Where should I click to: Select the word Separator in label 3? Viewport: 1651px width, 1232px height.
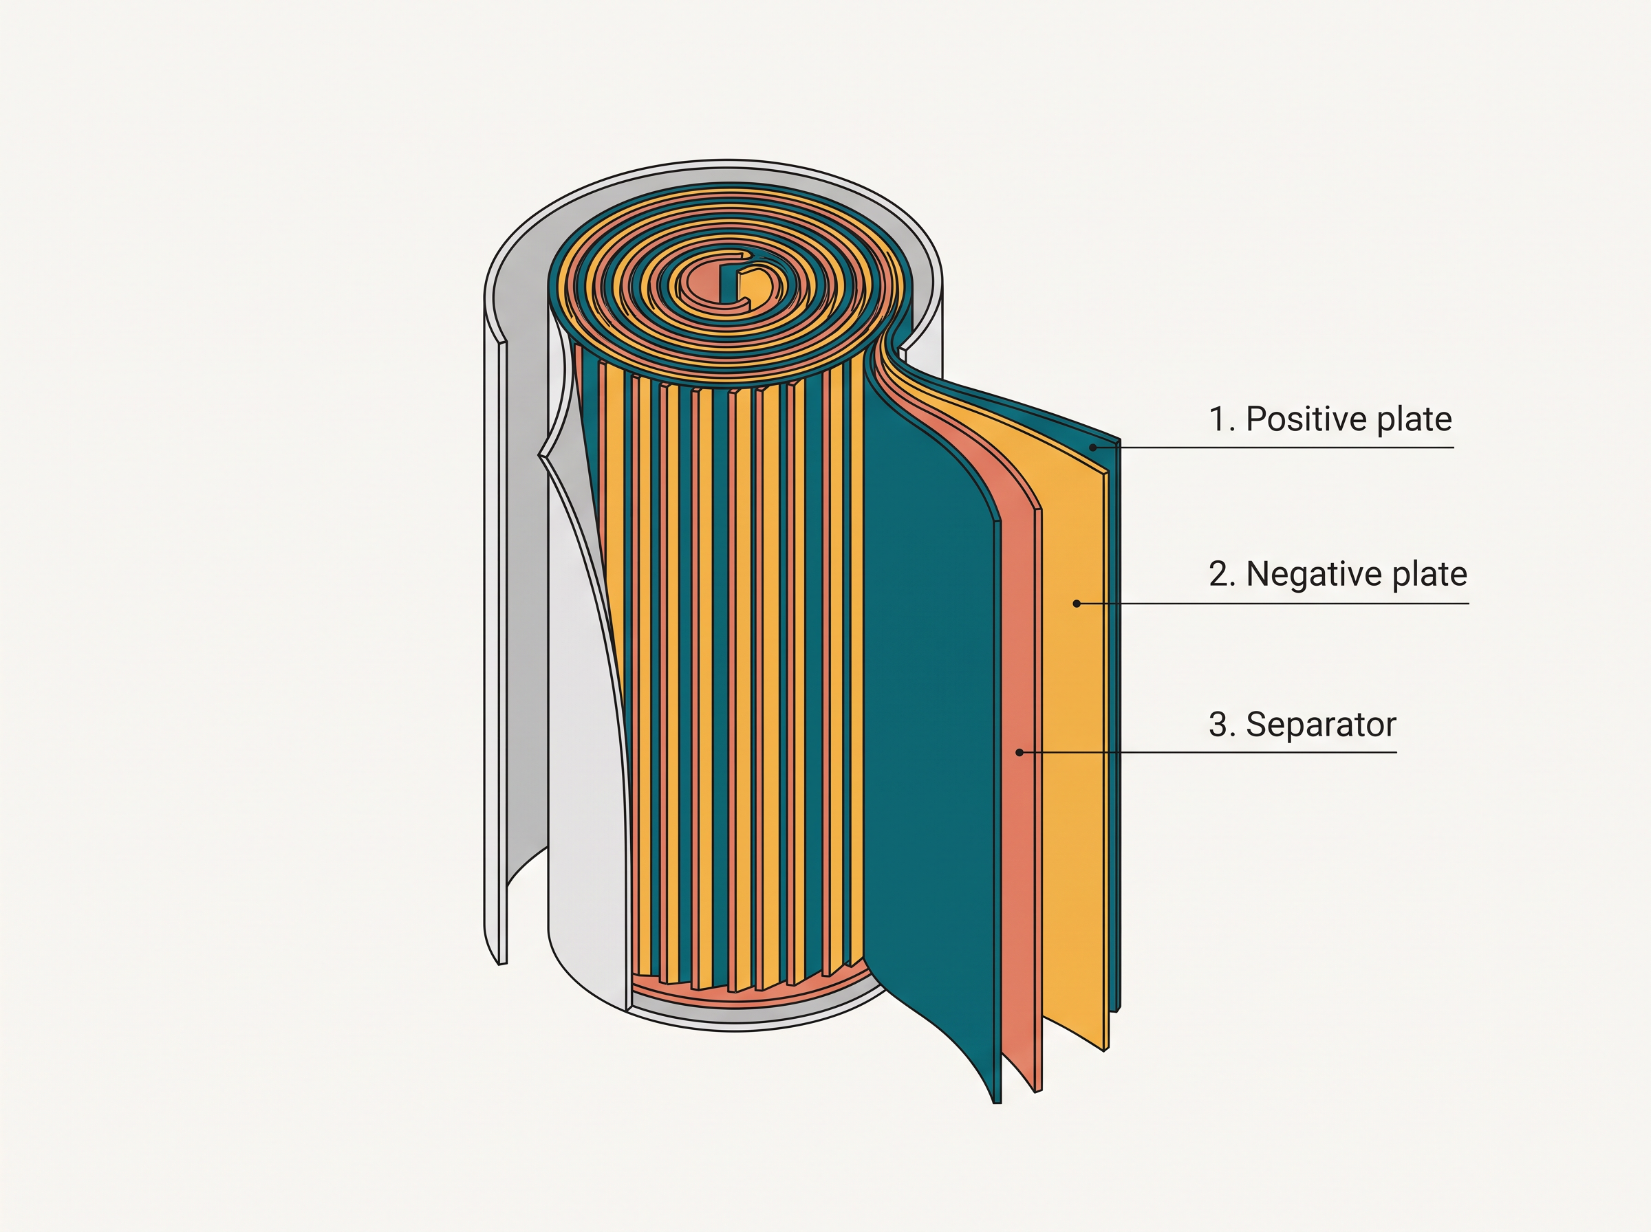tap(1321, 725)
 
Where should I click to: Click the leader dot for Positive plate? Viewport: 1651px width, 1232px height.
tap(1092, 448)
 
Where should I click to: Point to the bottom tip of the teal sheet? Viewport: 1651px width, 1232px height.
tap(997, 1103)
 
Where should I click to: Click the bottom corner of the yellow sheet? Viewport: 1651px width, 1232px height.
tap(1105, 1050)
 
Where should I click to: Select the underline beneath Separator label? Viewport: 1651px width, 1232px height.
tap(1208, 753)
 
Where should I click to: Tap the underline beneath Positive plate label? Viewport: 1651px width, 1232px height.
tap(1273, 448)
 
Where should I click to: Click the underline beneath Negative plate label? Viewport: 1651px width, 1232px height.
tap(1273, 604)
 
